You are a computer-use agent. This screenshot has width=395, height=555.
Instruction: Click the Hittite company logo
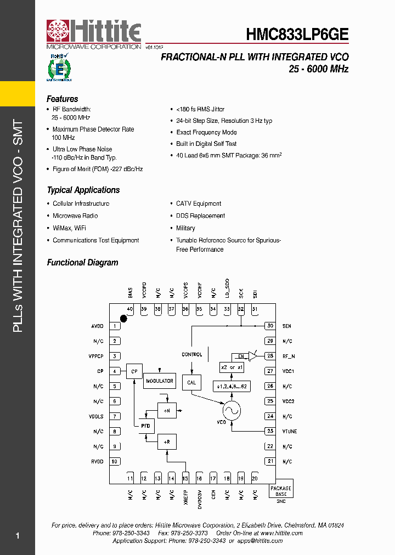pos(94,34)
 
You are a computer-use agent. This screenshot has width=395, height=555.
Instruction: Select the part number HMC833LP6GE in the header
pos(297,34)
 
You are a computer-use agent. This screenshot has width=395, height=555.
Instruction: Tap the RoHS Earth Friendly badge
pos(59,67)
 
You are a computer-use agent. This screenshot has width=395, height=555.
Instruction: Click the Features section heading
pos(63,99)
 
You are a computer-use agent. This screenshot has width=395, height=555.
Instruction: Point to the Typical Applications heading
pos(83,190)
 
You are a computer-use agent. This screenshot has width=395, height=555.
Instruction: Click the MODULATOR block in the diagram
pos(159,381)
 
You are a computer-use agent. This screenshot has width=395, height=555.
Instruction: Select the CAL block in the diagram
pos(191,382)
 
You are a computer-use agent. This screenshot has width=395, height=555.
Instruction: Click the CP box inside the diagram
pos(134,371)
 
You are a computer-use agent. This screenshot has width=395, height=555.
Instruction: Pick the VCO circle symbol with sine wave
pos(231,410)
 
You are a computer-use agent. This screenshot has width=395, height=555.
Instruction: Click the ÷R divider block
pos(167,441)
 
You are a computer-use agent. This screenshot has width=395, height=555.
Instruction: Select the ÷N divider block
pos(167,410)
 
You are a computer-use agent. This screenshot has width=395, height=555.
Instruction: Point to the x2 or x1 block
pos(231,367)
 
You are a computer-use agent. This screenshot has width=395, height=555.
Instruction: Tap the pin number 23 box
pos(270,431)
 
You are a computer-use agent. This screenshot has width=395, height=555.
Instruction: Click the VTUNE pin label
pos(289,432)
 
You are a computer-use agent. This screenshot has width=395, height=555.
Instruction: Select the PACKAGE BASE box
pos(281,491)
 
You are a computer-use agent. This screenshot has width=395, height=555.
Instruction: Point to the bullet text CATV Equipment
pos(199,203)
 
